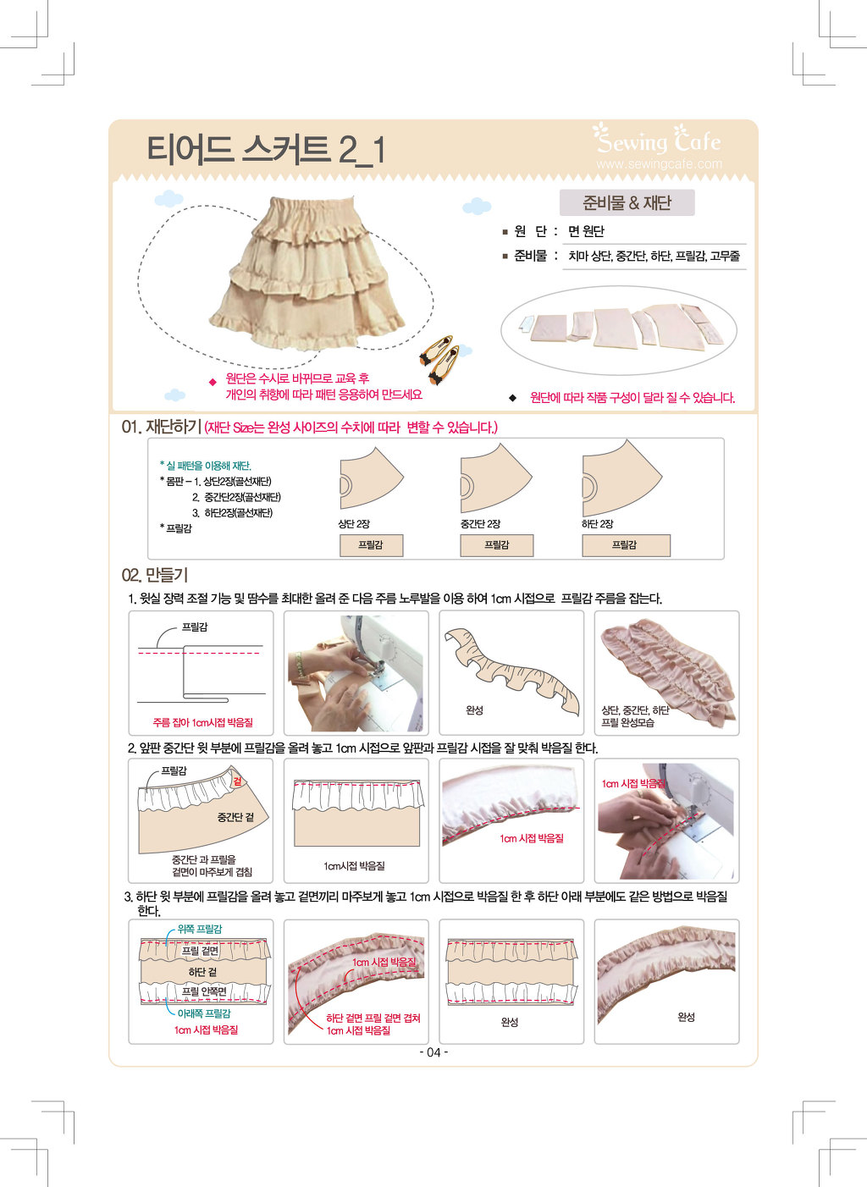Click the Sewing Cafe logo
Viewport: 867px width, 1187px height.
[657, 139]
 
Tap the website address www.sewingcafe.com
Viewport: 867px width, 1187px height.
[659, 163]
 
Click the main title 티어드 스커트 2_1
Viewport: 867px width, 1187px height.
[266, 150]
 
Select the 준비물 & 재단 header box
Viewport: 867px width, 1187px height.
[627, 202]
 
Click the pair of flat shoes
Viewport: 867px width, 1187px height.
[439, 359]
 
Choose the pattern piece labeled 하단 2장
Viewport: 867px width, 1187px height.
[621, 478]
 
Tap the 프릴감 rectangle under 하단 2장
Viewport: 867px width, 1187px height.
[626, 545]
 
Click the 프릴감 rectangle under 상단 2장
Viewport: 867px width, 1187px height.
[371, 545]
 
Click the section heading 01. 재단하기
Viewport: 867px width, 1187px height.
[161, 427]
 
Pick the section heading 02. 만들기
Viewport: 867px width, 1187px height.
[155, 575]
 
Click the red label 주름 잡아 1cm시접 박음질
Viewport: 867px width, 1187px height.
[203, 722]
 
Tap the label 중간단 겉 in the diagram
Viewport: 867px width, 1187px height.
[235, 817]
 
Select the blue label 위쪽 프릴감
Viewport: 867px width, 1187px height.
[200, 929]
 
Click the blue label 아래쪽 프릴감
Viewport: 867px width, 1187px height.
[204, 1013]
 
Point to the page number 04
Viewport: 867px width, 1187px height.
[433, 1052]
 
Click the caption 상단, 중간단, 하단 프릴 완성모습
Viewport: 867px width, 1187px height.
[635, 716]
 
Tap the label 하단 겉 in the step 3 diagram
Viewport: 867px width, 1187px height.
[202, 972]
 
